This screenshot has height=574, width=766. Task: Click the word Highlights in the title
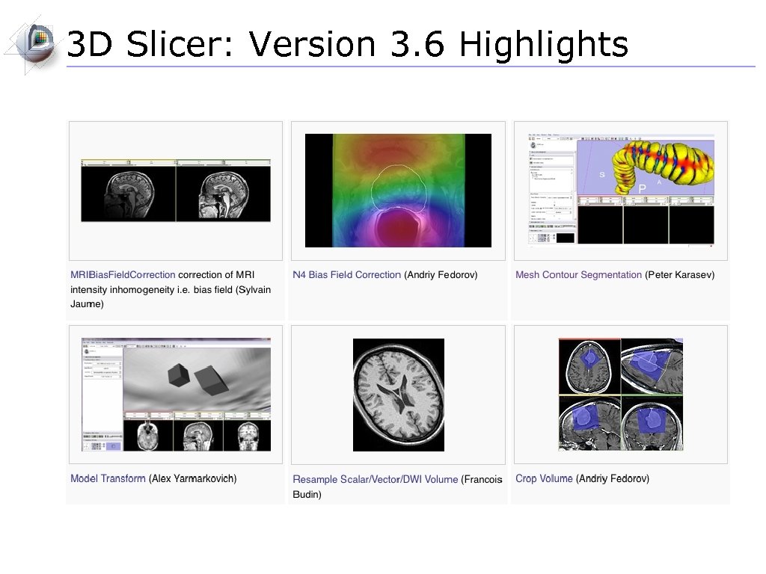pos(543,45)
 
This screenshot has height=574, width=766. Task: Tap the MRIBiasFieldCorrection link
pos(123,274)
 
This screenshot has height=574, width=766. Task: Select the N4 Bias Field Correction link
pos(346,274)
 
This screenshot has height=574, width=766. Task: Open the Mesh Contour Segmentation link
pos(578,274)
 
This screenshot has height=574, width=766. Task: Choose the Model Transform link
pos(108,478)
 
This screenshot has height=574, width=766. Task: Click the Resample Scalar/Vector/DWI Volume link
pos(375,479)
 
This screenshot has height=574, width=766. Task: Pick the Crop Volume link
pos(544,478)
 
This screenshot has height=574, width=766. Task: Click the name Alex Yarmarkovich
pos(192,478)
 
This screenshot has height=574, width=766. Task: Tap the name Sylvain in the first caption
pos(253,289)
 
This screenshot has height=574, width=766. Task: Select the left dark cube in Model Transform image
pos(180,374)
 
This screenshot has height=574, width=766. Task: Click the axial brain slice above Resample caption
pos(398,395)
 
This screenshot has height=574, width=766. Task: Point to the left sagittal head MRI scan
pos(128,193)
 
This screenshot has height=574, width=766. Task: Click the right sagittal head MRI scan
pos(223,193)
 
